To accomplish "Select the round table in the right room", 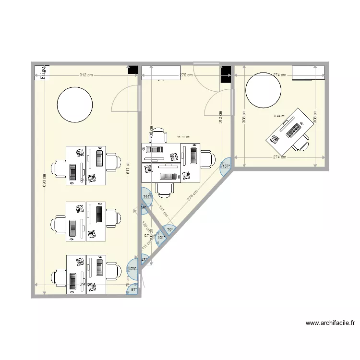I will coord(263,90).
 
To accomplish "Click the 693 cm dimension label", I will coord(45,180).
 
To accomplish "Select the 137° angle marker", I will coord(226,166).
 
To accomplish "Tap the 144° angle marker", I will coord(146,196).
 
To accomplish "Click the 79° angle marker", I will coord(169,230).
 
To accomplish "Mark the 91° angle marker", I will coord(132,289).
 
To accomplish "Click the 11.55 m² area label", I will coord(183,137).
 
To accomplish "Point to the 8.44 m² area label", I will coord(279,116).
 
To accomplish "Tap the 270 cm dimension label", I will coord(186,75).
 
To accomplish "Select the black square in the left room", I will coord(132,70).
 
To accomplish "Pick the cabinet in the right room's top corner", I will coord(308,72).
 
